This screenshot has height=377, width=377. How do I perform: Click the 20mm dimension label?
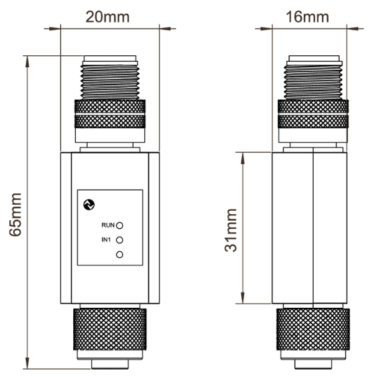(x=108, y=17)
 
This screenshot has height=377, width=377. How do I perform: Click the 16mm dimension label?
(x=307, y=17)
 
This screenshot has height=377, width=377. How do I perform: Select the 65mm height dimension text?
(x=16, y=215)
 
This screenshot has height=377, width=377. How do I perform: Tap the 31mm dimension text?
(x=231, y=230)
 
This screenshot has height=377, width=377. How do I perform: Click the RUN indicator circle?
(x=120, y=225)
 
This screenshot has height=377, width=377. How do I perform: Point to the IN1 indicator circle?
(x=120, y=240)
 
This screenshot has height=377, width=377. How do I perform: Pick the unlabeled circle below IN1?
(x=120, y=255)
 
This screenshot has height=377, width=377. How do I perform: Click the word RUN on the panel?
(x=108, y=225)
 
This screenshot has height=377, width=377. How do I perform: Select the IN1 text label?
(x=106, y=240)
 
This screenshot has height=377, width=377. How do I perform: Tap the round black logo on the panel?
(x=88, y=205)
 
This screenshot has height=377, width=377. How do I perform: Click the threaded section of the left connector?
(x=110, y=82)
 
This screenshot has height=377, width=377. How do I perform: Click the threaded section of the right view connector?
(x=313, y=82)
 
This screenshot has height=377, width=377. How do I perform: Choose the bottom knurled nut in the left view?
(x=110, y=329)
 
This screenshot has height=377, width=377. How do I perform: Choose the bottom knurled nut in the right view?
(x=313, y=329)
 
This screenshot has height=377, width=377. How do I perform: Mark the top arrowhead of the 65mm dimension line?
(x=27, y=62)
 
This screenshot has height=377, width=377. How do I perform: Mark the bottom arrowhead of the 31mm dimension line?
(x=243, y=298)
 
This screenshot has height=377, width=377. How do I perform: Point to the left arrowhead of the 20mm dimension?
(x=55, y=29)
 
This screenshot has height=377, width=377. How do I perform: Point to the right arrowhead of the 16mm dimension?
(x=352, y=29)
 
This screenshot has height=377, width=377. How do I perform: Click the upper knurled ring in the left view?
(x=110, y=106)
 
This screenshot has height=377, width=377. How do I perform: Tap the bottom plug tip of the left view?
(x=110, y=364)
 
